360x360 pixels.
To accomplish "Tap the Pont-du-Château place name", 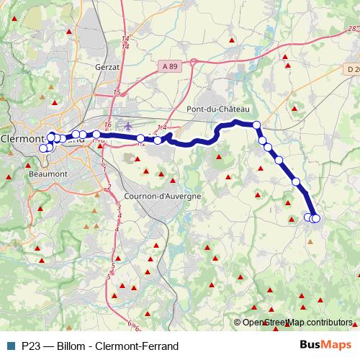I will tap(217, 109).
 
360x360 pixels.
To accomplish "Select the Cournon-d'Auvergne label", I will tap(157, 195).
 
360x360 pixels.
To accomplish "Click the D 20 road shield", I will tap(352, 69).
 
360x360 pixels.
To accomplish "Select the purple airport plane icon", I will tap(129, 125).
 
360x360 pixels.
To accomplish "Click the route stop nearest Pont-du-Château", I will tap(256, 125).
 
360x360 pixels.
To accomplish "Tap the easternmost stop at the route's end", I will tap(315, 218).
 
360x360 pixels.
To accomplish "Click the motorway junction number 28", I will tap(351, 29).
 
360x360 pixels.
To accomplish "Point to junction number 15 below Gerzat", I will tap(117, 93).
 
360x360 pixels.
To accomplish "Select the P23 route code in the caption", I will tap(31, 346).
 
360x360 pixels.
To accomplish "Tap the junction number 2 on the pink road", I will tap(109, 187).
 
